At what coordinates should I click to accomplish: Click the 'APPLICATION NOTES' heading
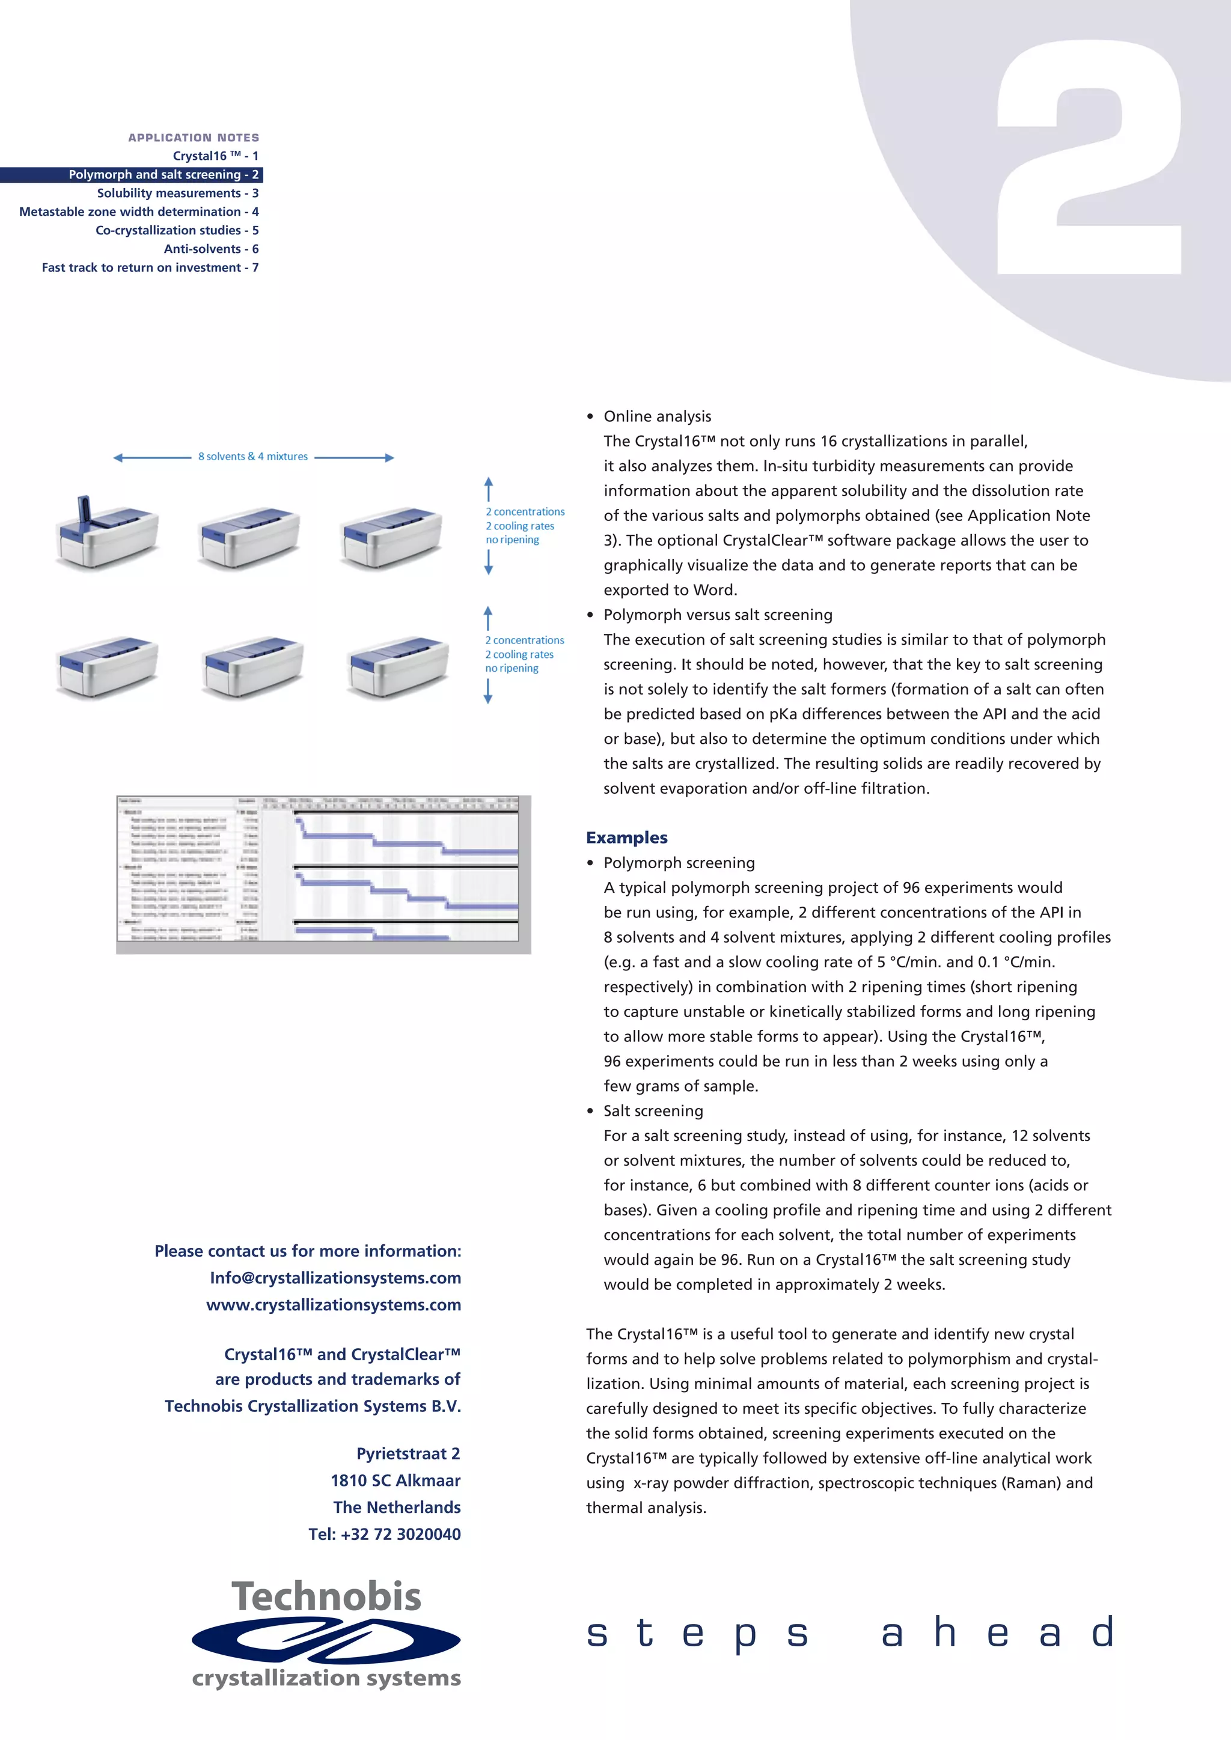pyautogui.click(x=194, y=137)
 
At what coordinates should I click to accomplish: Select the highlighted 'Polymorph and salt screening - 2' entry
pyautogui.click(x=163, y=174)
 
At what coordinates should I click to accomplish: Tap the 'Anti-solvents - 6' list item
pyautogui.click(x=211, y=249)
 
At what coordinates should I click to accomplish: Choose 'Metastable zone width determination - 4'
pyautogui.click(x=139, y=211)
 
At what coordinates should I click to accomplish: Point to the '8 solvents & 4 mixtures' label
pyautogui.click(x=253, y=456)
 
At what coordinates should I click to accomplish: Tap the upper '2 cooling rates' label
pyautogui.click(x=520, y=526)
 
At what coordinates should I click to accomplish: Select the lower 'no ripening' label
pyautogui.click(x=512, y=668)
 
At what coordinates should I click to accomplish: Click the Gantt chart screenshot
pyautogui.click(x=323, y=873)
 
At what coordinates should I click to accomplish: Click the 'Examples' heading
pyautogui.click(x=626, y=838)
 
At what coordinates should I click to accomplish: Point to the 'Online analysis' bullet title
pyautogui.click(x=657, y=416)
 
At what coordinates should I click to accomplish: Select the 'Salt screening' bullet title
pyautogui.click(x=653, y=1111)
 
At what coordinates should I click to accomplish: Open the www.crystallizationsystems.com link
pyautogui.click(x=334, y=1305)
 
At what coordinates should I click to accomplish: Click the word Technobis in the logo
pyautogui.click(x=326, y=1597)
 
